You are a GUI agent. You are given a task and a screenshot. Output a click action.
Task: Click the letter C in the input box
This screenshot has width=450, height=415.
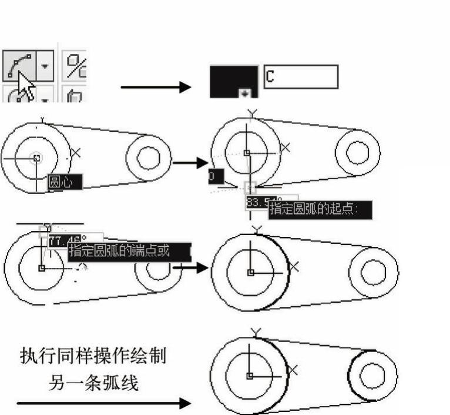point(270,76)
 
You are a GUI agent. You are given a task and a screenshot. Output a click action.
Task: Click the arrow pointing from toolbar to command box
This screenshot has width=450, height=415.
point(156,88)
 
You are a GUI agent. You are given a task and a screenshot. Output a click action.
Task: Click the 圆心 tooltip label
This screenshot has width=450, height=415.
point(63,182)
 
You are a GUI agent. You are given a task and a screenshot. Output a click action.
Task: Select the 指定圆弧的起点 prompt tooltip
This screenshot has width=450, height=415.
point(320,210)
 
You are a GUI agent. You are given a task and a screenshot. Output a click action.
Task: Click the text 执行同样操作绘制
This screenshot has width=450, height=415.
point(93,356)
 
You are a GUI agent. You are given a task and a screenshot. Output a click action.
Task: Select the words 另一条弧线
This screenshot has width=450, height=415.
point(93,383)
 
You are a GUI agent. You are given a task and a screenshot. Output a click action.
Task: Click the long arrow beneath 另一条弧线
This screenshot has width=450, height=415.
point(103,403)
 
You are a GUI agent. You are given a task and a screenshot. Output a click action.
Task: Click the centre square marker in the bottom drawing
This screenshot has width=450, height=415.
point(249,375)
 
